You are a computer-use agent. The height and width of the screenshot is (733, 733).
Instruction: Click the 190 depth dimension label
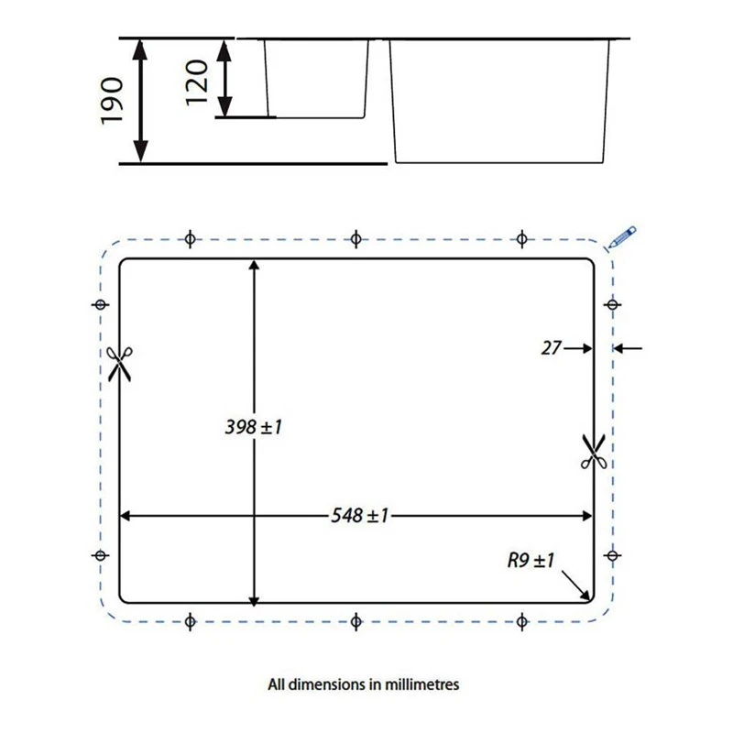111,101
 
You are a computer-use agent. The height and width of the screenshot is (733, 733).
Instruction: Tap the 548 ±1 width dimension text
359,515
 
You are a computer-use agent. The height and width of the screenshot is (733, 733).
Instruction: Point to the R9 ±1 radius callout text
531,560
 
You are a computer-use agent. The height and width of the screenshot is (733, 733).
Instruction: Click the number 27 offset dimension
551,347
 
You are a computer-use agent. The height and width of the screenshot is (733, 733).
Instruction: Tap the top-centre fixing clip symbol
356,239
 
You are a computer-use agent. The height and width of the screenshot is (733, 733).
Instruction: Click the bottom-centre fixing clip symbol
356,622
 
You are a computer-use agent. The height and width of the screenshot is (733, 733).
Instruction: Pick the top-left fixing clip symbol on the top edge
190,239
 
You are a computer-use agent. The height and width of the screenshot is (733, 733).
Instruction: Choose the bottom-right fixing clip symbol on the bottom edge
521,622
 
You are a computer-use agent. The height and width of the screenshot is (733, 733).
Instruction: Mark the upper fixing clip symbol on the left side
101,304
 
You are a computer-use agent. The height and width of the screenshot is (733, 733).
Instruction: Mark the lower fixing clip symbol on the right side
611,554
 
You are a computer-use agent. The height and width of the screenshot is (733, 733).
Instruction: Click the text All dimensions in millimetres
363,684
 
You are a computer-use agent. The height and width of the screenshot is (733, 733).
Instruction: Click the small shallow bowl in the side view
316,78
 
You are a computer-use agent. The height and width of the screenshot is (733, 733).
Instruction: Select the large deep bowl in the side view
500,101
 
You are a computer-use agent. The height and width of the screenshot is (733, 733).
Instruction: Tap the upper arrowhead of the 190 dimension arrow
140,46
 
